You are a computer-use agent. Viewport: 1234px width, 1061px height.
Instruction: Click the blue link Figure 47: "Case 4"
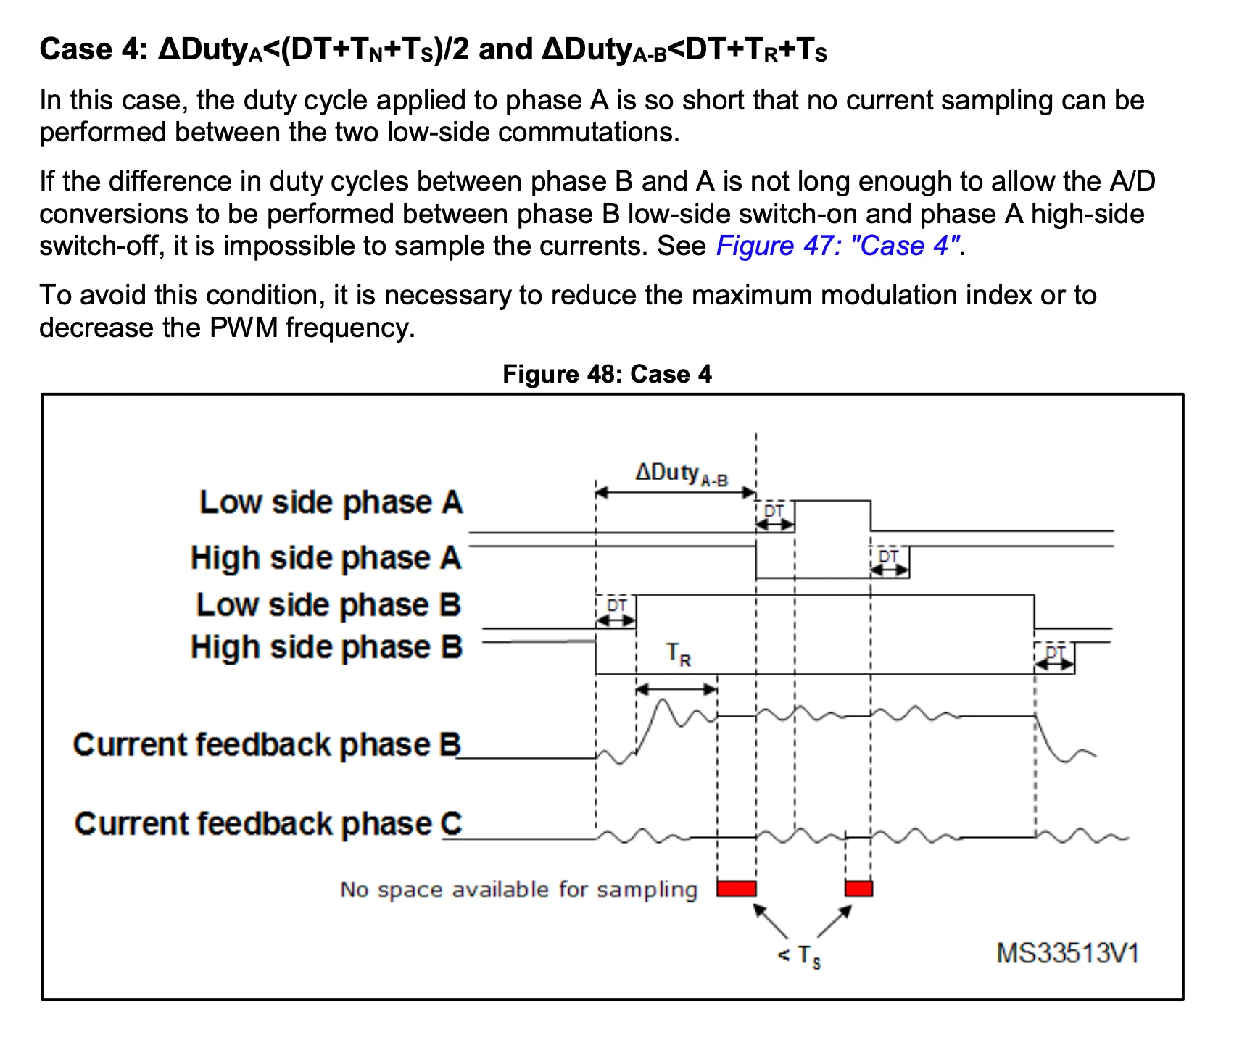coord(838,246)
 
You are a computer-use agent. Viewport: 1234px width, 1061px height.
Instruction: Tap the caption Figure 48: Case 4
coord(607,374)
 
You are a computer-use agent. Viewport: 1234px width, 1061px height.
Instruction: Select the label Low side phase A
coord(331,502)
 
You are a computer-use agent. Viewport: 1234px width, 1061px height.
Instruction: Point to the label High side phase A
coord(326,558)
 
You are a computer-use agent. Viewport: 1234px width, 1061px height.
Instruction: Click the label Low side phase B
coord(328,604)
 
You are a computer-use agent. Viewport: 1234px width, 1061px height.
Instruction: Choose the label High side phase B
coord(326,646)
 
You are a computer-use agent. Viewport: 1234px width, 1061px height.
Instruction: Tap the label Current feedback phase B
coord(267,744)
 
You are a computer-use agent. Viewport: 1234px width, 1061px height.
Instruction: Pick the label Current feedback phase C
coord(268,823)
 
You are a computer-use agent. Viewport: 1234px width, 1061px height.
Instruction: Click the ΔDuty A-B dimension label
coord(682,474)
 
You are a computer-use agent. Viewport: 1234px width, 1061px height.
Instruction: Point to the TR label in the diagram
coord(679,654)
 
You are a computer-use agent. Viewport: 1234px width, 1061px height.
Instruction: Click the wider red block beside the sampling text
coord(737,889)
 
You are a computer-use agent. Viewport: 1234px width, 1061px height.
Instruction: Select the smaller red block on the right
coord(858,889)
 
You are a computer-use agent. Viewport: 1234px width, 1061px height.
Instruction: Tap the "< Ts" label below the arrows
coord(799,956)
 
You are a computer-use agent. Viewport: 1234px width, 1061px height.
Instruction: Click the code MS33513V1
coord(1067,953)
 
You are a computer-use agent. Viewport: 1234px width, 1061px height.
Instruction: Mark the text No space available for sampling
coord(518,889)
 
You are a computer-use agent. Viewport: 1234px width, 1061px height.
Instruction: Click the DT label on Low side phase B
coord(617,604)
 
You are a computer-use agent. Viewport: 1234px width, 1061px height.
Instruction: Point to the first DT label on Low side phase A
coord(774,511)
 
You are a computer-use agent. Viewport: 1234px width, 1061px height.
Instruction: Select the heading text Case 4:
coord(94,49)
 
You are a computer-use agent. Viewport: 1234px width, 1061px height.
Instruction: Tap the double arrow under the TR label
coord(676,688)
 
